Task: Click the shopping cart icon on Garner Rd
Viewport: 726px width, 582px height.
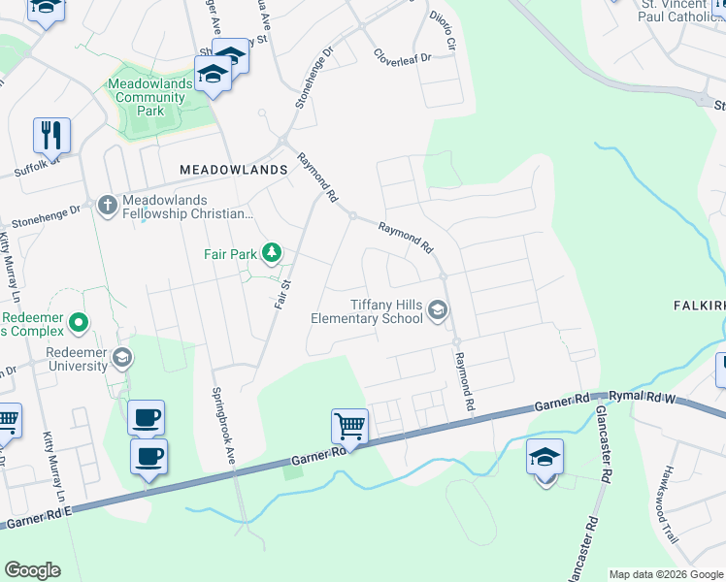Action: [x=349, y=425]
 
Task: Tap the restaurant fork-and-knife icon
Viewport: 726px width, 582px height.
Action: [x=51, y=135]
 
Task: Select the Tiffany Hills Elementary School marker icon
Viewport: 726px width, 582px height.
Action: [x=438, y=310]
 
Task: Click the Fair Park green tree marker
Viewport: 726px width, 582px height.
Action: [x=273, y=254]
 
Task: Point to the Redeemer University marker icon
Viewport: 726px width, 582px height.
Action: [x=121, y=358]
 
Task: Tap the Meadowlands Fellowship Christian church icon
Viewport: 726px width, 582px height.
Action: [x=107, y=205]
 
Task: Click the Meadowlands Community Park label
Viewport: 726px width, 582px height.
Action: [x=150, y=98]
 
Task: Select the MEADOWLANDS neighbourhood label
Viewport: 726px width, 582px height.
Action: [x=234, y=169]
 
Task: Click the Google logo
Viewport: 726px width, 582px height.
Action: [x=32, y=570]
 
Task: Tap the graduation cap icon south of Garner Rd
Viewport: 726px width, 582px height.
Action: [x=544, y=457]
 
